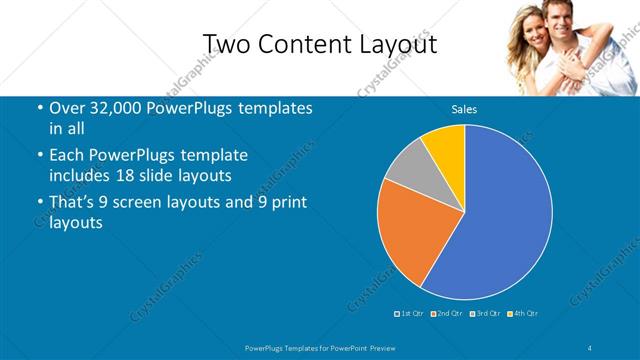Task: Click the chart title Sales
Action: point(464,109)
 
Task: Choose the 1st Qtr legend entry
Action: point(410,313)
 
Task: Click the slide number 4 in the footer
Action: point(590,347)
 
